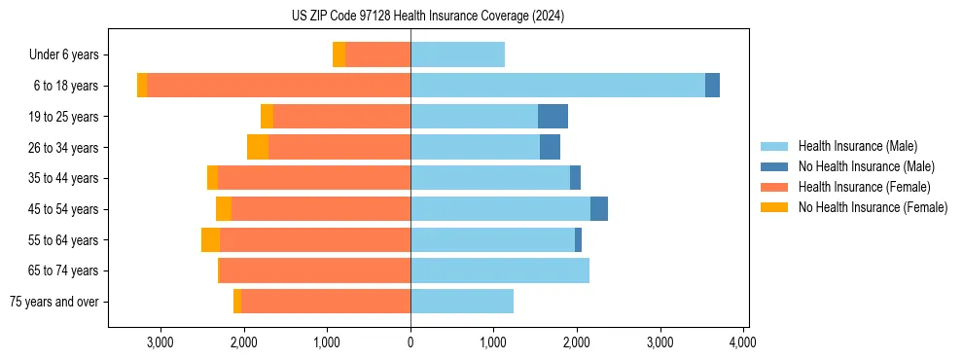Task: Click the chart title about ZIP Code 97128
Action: pyautogui.click(x=427, y=17)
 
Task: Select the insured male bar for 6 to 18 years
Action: pyautogui.click(x=557, y=86)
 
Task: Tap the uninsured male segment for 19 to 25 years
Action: pyautogui.click(x=553, y=117)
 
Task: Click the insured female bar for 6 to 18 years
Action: pyautogui.click(x=278, y=86)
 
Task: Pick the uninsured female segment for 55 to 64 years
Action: pyautogui.click(x=210, y=240)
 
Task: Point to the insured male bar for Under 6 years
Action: pyautogui.click(x=457, y=54)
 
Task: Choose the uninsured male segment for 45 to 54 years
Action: pyautogui.click(x=599, y=209)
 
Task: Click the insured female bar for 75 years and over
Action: pyautogui.click(x=326, y=302)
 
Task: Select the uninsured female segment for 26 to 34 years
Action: pyautogui.click(x=258, y=147)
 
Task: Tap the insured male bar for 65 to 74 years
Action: pyautogui.click(x=500, y=270)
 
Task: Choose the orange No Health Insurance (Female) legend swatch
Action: pyautogui.click(x=774, y=207)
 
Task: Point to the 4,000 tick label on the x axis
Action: pyautogui.click(x=743, y=342)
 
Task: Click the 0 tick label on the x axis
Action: pyautogui.click(x=410, y=342)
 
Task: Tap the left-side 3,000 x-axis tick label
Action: pyautogui.click(x=160, y=342)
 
